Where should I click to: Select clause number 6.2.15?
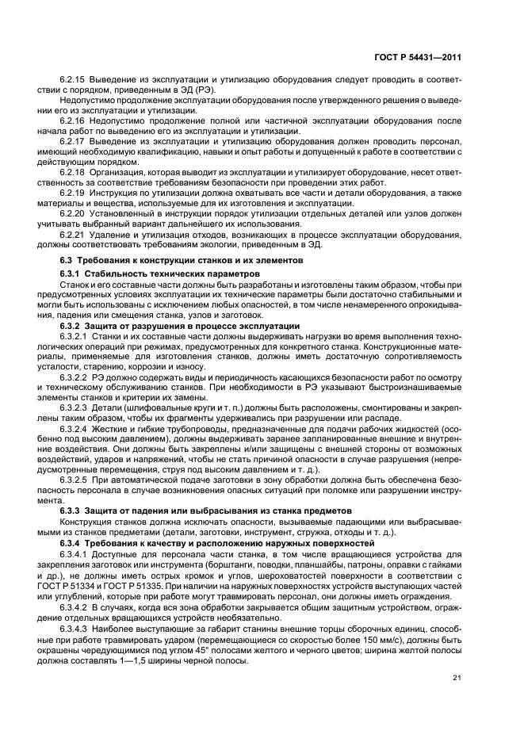pos(73,80)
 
